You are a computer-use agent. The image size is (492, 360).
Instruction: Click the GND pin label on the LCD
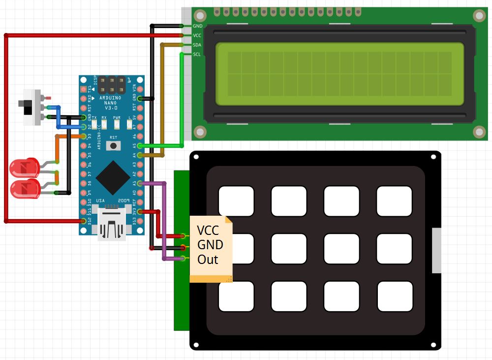(197, 26)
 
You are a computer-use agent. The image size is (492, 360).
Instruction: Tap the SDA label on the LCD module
(197, 45)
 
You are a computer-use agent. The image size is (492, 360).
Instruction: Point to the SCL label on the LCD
(197, 54)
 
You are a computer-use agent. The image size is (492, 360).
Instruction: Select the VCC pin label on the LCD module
(197, 35)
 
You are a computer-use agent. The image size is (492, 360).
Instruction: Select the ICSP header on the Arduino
(112, 85)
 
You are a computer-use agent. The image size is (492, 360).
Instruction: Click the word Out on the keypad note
(208, 260)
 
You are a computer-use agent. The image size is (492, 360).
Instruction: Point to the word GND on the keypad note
(210, 245)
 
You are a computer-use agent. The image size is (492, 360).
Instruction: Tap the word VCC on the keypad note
(209, 230)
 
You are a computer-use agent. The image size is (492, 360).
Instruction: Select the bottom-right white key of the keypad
(394, 296)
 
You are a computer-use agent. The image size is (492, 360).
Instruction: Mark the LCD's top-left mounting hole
(200, 16)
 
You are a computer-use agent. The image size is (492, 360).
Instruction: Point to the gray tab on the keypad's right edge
(436, 250)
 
